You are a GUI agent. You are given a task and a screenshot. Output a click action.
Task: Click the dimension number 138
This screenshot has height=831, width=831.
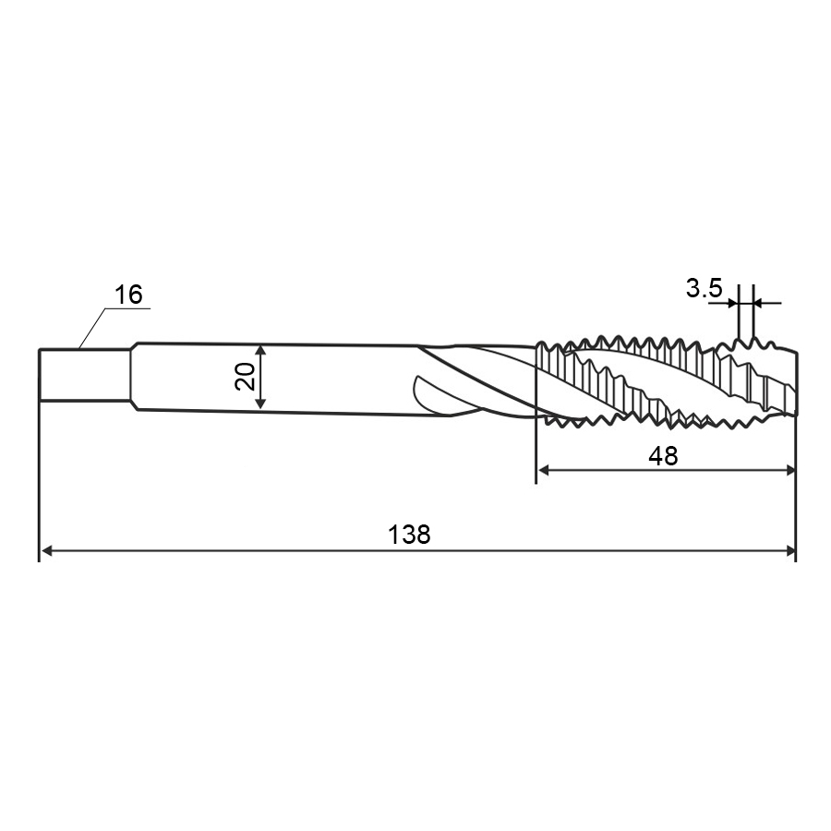(x=409, y=535)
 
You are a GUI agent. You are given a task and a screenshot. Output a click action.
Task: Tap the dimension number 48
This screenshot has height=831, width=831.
(x=663, y=455)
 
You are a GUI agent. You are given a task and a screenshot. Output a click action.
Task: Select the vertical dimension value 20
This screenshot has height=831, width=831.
(x=246, y=376)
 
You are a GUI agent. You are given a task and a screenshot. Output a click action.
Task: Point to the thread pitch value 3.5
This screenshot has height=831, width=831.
(x=704, y=288)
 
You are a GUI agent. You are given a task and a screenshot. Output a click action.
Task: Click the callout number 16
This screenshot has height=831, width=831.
(x=128, y=295)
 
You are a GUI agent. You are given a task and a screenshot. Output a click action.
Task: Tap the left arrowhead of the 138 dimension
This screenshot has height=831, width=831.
(x=47, y=550)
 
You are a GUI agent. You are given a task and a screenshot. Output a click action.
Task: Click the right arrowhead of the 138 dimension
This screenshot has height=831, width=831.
(x=789, y=550)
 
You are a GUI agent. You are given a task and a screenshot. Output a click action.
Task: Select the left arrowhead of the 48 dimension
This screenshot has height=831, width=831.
(x=544, y=470)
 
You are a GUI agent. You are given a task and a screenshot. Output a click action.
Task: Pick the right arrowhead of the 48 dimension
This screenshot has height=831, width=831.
(x=789, y=470)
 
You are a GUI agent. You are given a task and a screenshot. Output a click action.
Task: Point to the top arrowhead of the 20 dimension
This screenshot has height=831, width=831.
(x=260, y=350)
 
